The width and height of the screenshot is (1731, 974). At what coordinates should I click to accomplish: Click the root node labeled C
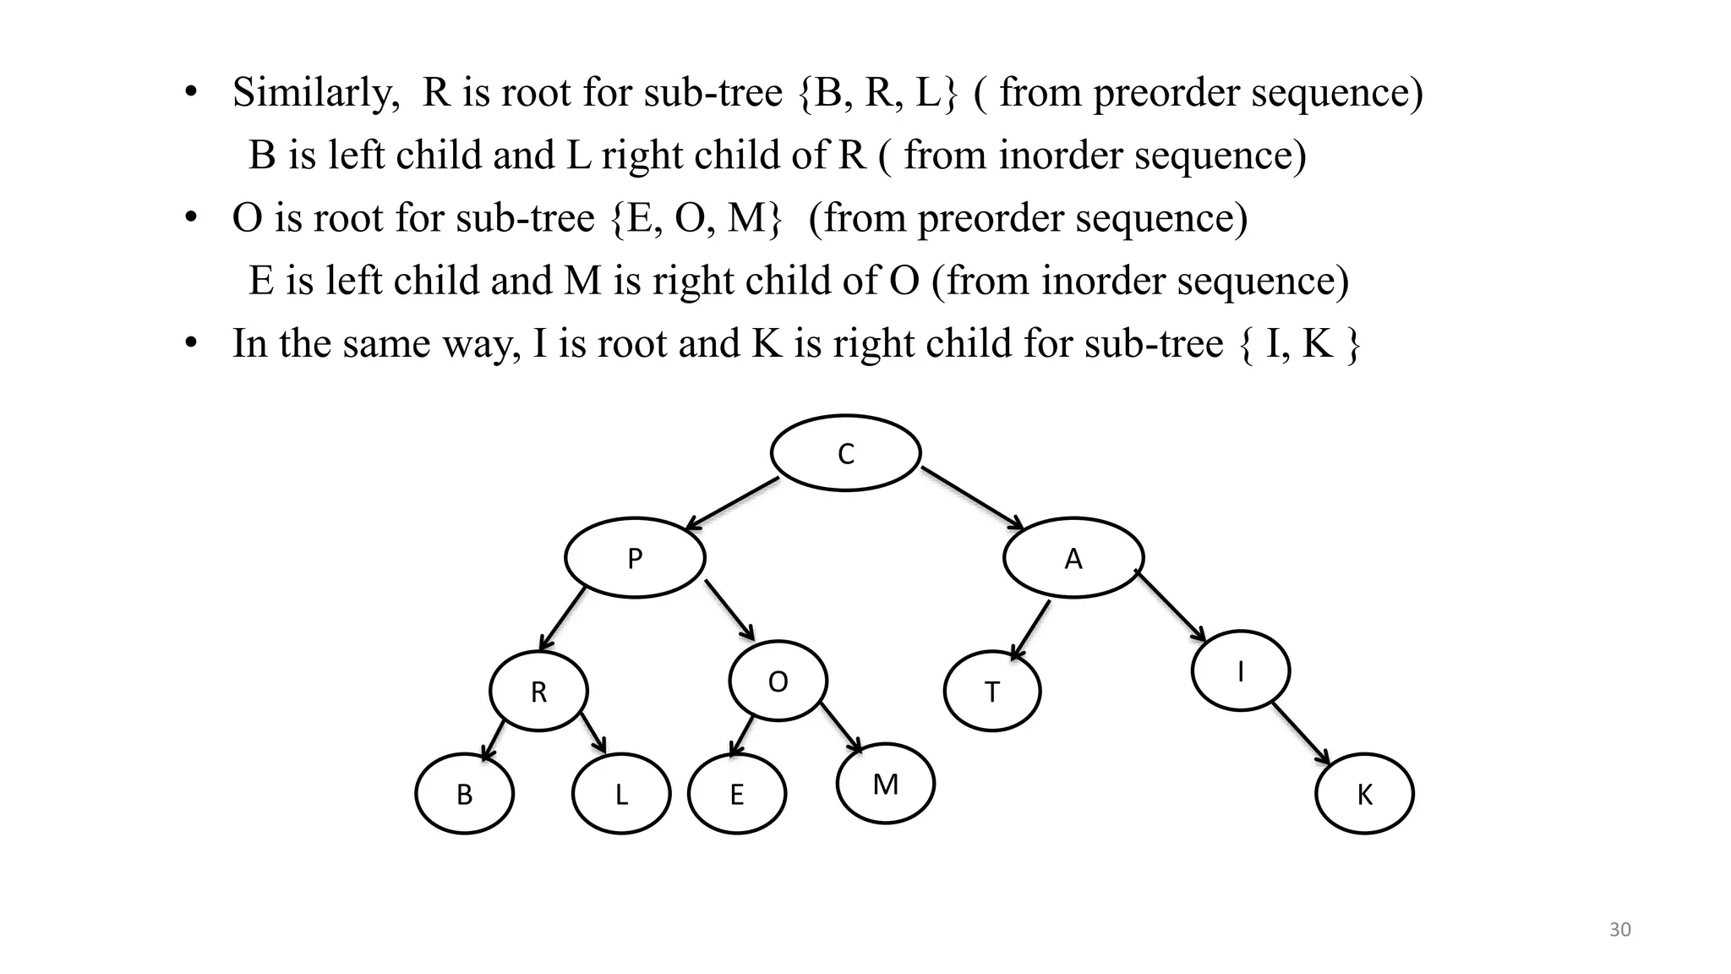click(845, 453)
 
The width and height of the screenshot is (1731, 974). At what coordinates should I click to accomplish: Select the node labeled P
click(635, 558)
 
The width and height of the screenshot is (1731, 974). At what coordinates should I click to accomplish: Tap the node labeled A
click(1073, 558)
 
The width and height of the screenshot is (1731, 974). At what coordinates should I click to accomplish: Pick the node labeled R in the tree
click(538, 692)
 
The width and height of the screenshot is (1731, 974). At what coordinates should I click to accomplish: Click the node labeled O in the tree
click(778, 681)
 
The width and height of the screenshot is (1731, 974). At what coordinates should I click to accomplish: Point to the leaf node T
click(992, 692)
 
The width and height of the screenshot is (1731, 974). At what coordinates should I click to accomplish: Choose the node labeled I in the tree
click(1240, 671)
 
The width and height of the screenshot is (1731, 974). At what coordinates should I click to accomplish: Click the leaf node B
click(464, 794)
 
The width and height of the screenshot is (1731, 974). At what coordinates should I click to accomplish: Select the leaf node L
click(621, 794)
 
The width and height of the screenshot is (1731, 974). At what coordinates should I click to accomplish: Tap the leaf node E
click(737, 794)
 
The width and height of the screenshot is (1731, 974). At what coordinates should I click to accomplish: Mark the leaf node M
click(885, 784)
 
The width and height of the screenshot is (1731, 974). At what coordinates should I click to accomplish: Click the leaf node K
click(1364, 794)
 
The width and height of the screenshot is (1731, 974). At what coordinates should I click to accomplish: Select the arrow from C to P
click(732, 504)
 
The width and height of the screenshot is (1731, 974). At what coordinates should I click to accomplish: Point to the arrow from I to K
click(1302, 735)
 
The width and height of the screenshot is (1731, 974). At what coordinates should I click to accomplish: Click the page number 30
click(1619, 930)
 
